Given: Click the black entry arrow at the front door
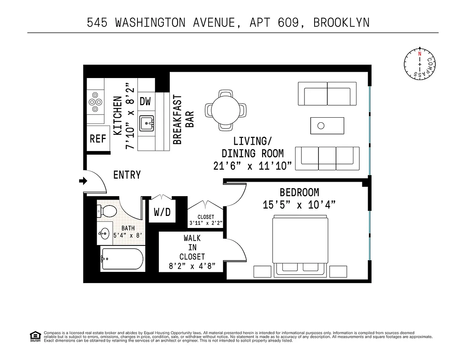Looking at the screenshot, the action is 83,181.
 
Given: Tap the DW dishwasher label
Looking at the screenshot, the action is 145,101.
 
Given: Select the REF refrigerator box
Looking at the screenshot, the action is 98,138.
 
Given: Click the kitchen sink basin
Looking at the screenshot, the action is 146,123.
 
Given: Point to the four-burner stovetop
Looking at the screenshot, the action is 95,102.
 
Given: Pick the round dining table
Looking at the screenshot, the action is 226,110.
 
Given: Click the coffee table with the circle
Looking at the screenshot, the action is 327,126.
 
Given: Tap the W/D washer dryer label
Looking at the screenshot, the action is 162,212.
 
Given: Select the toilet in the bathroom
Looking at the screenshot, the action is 106,211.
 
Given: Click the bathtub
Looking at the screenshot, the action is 122,259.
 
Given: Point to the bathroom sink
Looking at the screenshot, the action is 104,233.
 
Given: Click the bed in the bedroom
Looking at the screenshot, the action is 300,246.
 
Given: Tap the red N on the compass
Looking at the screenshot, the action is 420,54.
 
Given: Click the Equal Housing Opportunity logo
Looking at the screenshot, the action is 35,337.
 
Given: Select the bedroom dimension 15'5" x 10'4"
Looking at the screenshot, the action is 299,205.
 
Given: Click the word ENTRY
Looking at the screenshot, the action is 127,175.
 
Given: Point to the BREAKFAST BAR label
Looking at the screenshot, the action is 183,120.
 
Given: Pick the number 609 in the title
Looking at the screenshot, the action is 288,23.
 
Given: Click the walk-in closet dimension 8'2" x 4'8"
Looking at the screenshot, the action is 192,266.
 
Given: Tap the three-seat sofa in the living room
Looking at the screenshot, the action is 327,158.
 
